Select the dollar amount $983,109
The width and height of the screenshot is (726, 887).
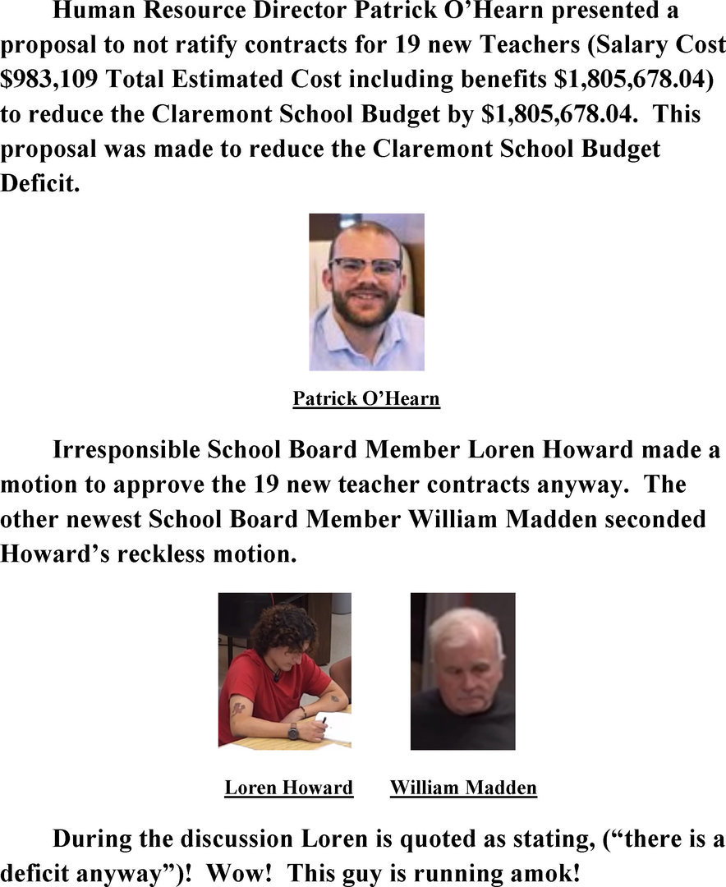50,80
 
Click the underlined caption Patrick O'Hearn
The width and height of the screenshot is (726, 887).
366,399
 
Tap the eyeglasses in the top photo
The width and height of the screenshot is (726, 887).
365,266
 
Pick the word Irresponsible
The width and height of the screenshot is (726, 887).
126,450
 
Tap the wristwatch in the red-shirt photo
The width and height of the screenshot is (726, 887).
293,730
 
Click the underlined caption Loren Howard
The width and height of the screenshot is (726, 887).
289,788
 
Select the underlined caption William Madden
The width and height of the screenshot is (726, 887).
463,788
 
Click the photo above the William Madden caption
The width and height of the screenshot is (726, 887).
462,671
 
